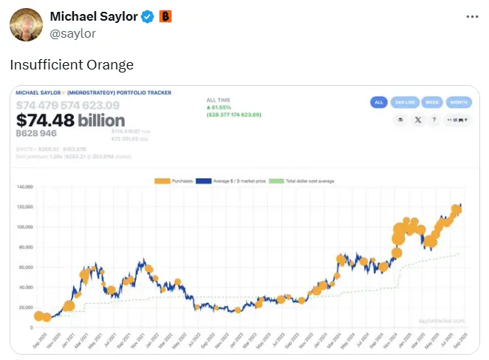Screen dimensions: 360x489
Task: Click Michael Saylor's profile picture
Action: (x=26, y=24)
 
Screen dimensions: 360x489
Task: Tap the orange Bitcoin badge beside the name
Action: (x=165, y=16)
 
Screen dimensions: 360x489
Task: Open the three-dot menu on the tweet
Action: (x=473, y=16)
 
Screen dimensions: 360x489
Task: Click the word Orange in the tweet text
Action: (x=109, y=65)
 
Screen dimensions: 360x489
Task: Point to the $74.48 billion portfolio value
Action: (x=70, y=120)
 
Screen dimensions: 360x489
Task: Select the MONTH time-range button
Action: (x=458, y=102)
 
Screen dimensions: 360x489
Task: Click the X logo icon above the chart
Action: (x=417, y=119)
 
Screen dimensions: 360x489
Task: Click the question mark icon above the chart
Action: (x=434, y=119)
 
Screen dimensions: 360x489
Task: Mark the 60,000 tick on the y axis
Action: (x=27, y=267)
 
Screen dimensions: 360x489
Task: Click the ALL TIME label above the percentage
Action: (x=219, y=99)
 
